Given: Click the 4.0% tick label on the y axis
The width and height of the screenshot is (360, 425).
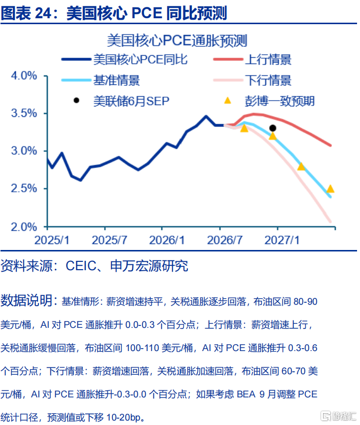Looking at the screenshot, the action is [24, 75].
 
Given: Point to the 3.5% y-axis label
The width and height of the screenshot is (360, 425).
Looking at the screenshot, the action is [24, 113].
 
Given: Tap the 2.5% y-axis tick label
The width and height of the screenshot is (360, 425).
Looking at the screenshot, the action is [24, 188].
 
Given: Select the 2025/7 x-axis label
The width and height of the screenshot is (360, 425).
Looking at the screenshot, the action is [109, 240].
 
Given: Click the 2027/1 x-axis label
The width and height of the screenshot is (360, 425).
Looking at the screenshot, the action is [282, 240].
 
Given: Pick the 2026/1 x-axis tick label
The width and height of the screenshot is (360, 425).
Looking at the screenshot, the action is [167, 240].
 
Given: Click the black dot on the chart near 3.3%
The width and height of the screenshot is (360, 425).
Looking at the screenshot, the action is [273, 128].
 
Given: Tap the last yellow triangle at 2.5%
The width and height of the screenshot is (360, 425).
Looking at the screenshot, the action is [330, 189].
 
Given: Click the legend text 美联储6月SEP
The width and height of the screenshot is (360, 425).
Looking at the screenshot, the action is [131, 101].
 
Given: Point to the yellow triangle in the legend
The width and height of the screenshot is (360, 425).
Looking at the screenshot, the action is [227, 101].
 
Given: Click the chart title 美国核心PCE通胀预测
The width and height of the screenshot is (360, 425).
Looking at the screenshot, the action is [177, 40].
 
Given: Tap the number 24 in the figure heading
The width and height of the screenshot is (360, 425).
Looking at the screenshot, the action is [43, 13].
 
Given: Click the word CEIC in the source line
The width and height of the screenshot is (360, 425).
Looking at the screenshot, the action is [81, 266].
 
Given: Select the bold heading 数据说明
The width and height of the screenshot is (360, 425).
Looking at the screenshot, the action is [27, 300].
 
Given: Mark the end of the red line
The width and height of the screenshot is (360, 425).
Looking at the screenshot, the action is [330, 145].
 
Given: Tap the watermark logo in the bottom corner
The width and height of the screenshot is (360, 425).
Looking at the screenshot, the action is [339, 416].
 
